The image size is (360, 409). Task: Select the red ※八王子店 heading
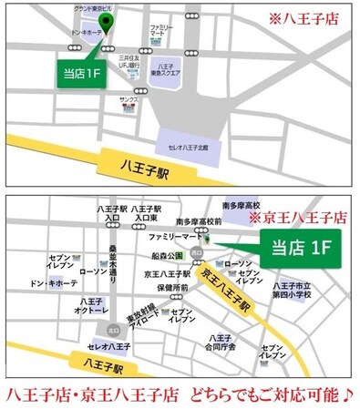pos(304,17)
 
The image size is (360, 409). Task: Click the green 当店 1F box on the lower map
pos(300,246)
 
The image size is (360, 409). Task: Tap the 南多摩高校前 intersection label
pos(198,221)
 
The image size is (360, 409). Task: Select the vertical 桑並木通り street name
pos(113,262)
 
